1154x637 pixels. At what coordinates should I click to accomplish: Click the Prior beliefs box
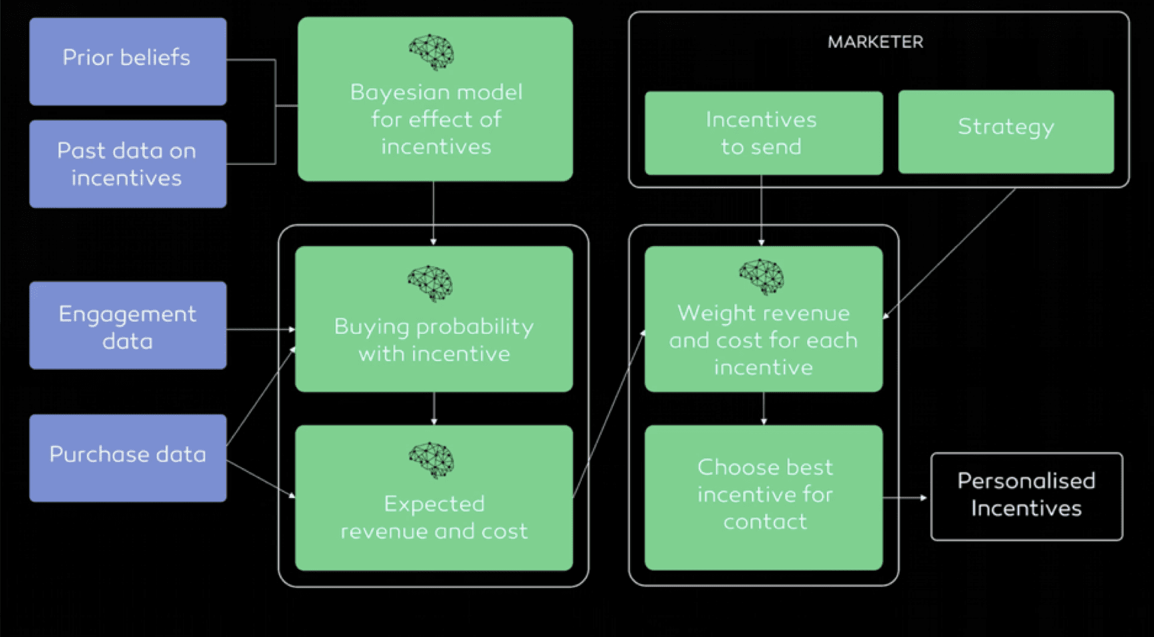click(x=128, y=61)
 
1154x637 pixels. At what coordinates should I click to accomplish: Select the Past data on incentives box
click(x=128, y=164)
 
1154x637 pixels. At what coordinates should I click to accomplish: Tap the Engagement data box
click(x=128, y=326)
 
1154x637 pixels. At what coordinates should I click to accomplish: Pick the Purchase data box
click(x=128, y=458)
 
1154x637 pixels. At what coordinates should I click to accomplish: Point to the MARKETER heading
click(x=875, y=43)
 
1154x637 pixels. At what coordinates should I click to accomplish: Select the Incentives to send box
click(x=763, y=133)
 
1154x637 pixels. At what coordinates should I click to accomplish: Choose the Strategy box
click(x=1005, y=132)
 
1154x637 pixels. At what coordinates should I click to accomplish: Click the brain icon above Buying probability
click(x=430, y=283)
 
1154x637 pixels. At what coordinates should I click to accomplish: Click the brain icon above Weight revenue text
click(x=762, y=277)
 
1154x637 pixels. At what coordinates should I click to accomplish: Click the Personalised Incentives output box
click(x=1026, y=496)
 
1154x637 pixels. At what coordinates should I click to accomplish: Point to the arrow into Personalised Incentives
click(x=905, y=497)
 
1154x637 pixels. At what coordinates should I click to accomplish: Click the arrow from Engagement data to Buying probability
click(x=261, y=329)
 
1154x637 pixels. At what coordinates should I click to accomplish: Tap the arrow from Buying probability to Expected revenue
click(x=434, y=408)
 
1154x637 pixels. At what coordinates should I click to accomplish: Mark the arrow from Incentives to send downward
click(x=762, y=210)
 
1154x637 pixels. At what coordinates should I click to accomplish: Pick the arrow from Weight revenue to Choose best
click(x=764, y=408)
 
